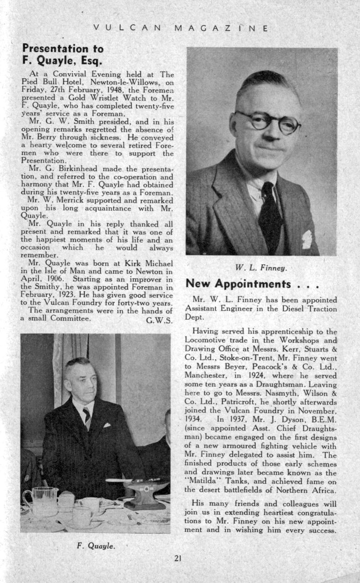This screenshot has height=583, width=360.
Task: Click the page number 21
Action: click(x=178, y=558)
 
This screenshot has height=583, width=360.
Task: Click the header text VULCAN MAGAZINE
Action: click(x=180, y=28)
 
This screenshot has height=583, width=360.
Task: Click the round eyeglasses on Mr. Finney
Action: click(x=268, y=121)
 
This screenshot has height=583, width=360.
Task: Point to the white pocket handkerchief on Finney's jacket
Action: click(x=307, y=239)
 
